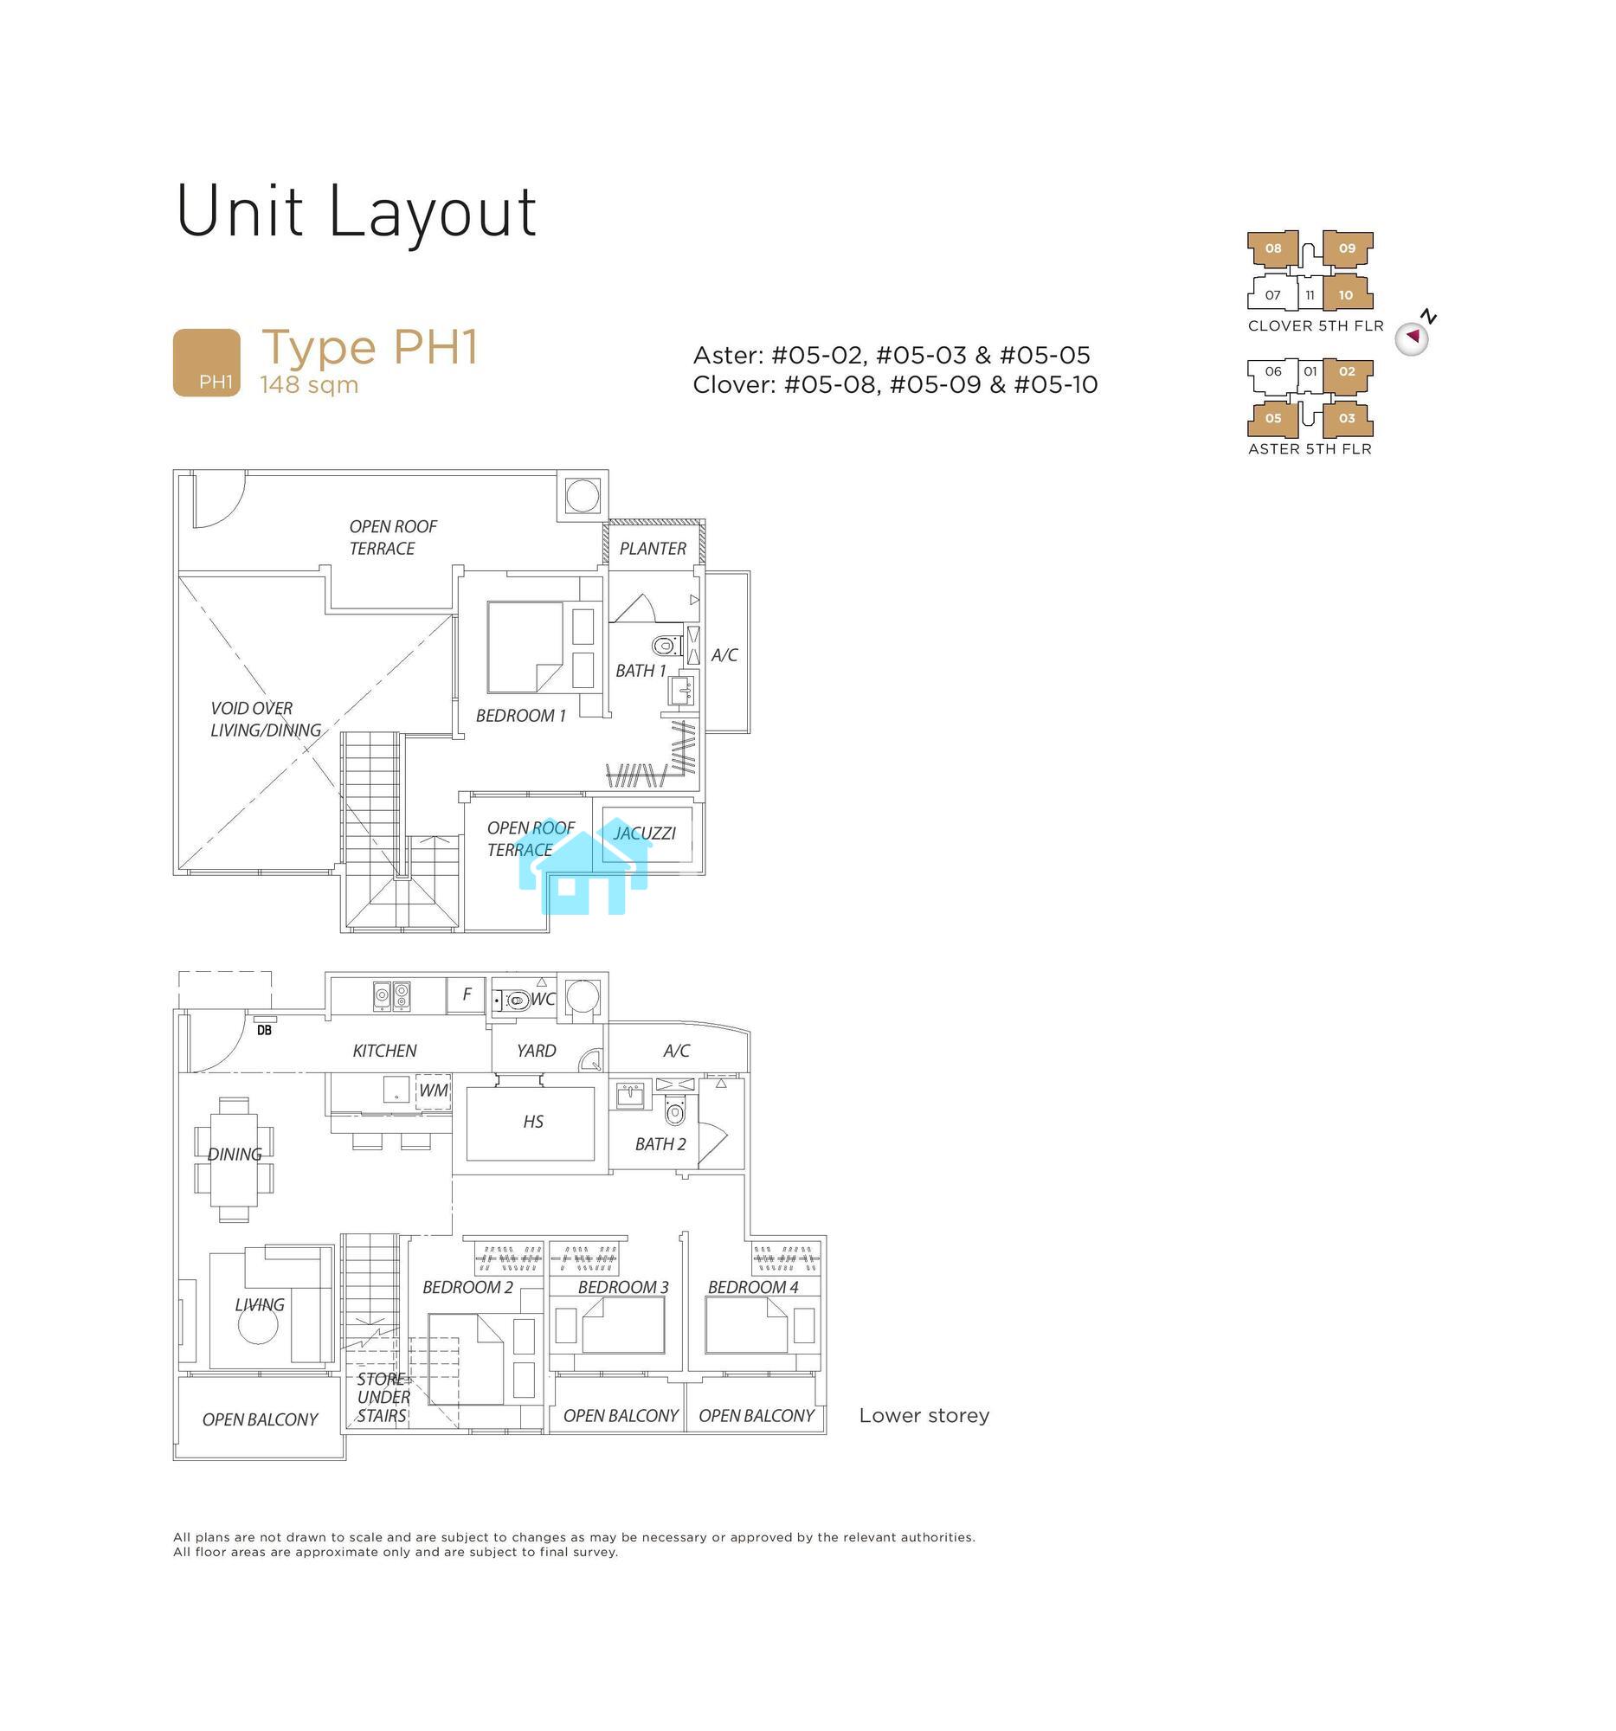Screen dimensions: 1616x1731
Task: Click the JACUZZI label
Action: click(x=644, y=833)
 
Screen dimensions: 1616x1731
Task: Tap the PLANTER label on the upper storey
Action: click(x=653, y=549)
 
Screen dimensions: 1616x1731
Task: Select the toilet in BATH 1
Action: click(x=666, y=645)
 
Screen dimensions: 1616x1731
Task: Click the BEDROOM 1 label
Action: click(x=521, y=716)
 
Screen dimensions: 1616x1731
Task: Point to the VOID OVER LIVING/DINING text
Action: click(x=266, y=719)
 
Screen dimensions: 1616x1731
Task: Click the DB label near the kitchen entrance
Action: click(x=264, y=1030)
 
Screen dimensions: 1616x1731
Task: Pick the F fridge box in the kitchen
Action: click(x=467, y=994)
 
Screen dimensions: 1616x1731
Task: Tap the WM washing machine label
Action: click(x=434, y=1091)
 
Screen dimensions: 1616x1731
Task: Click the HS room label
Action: click(x=533, y=1122)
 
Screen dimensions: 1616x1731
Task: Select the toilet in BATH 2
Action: click(x=675, y=1111)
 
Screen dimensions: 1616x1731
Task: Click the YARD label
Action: click(x=536, y=1051)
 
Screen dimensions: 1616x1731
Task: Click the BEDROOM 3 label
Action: click(x=623, y=1287)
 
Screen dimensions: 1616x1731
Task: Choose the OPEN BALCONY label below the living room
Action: click(x=261, y=1419)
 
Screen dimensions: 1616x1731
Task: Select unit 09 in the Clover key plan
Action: click(x=1347, y=248)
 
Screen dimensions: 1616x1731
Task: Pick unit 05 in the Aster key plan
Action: click(x=1273, y=418)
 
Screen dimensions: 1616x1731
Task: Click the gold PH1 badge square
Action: click(x=207, y=363)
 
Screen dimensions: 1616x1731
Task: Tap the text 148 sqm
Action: click(x=309, y=385)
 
